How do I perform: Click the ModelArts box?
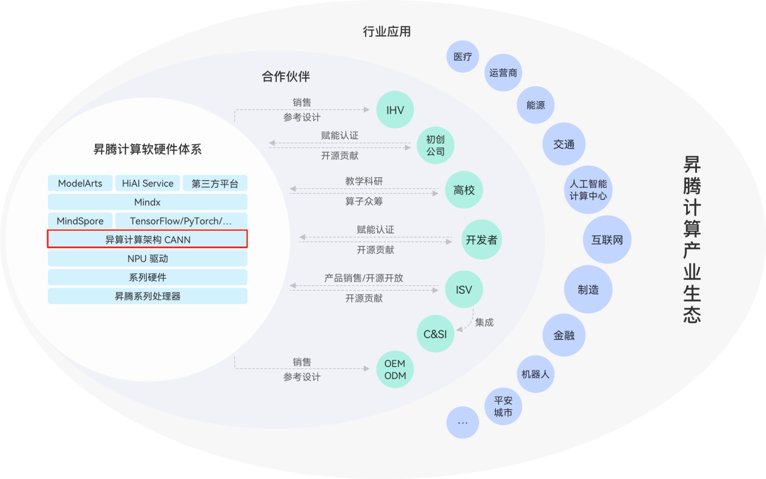pyautogui.click(x=80, y=183)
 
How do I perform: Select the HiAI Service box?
pyautogui.click(x=147, y=183)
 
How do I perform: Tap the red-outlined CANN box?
pyautogui.click(x=147, y=239)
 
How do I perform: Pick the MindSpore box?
pyautogui.click(x=80, y=221)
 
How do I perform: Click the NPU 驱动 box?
pyautogui.click(x=147, y=259)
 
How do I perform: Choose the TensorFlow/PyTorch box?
pyautogui.click(x=181, y=221)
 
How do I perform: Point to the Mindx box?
pyautogui.click(x=147, y=202)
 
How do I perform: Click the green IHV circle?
pyautogui.click(x=395, y=110)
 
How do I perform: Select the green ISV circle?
pyautogui.click(x=464, y=289)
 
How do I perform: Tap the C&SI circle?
pyautogui.click(x=435, y=334)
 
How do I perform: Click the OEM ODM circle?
pyautogui.click(x=395, y=369)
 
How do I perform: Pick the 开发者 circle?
pyautogui.click(x=481, y=239)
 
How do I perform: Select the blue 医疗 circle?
pyautogui.click(x=463, y=56)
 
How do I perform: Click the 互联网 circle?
pyautogui.click(x=607, y=239)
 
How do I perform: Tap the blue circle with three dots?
pyautogui.click(x=463, y=423)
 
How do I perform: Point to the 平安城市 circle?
pyautogui.click(x=503, y=406)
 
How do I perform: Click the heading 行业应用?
pyautogui.click(x=387, y=31)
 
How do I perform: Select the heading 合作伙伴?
pyautogui.click(x=286, y=76)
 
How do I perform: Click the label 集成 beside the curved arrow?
pyautogui.click(x=484, y=322)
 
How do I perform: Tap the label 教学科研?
pyautogui.click(x=364, y=181)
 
